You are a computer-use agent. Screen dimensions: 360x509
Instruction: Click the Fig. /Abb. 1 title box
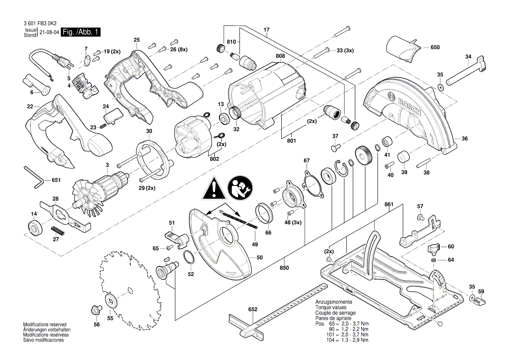(x=81, y=32)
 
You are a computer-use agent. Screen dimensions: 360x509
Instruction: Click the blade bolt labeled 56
(x=94, y=311)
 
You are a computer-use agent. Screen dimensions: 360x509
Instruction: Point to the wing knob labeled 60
(x=433, y=249)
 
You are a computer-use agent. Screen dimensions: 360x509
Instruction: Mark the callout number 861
(x=389, y=204)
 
